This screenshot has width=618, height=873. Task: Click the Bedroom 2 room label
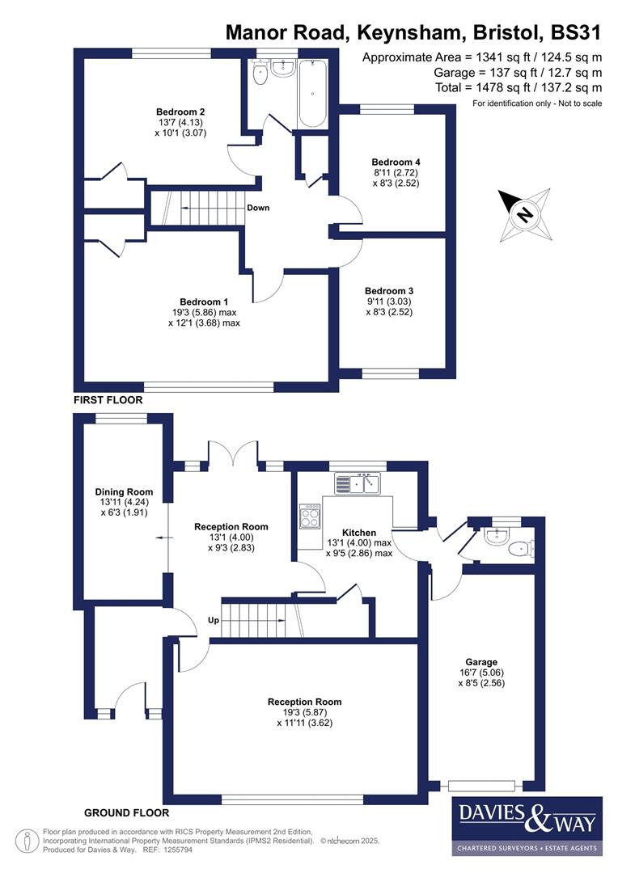180,112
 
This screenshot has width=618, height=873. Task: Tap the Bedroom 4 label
392,161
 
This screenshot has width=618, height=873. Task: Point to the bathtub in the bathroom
313,96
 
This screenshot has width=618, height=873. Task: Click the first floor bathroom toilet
260,75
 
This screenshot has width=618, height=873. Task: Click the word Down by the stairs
258,208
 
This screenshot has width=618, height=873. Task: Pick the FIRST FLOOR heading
108,400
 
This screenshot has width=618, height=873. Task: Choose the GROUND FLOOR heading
126,812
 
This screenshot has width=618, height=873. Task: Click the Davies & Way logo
527,824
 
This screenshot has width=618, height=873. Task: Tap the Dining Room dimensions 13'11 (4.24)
124,502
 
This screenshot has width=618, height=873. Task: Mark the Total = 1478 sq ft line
482,87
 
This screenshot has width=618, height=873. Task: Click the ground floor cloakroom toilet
519,550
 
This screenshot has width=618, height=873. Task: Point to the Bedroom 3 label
389,291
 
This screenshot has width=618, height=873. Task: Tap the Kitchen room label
359,533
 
